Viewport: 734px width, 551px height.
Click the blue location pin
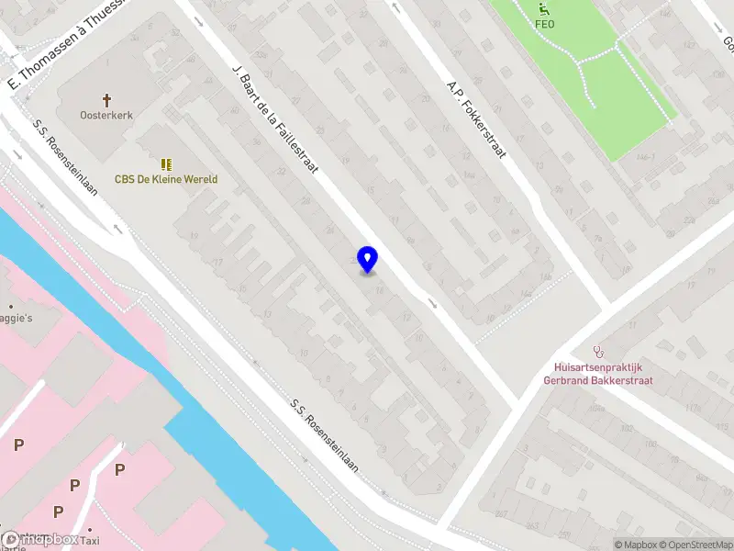pos(368,260)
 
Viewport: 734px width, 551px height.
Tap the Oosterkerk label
pos(106,117)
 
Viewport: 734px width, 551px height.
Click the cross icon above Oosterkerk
pos(106,99)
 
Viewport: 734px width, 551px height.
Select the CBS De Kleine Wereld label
pos(166,180)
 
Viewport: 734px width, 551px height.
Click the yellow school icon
pos(166,163)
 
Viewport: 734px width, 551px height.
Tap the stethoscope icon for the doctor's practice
pos(600,351)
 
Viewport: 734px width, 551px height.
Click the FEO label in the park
pos(544,25)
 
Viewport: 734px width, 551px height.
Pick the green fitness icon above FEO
pos(544,9)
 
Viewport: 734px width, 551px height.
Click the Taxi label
pos(114,542)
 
